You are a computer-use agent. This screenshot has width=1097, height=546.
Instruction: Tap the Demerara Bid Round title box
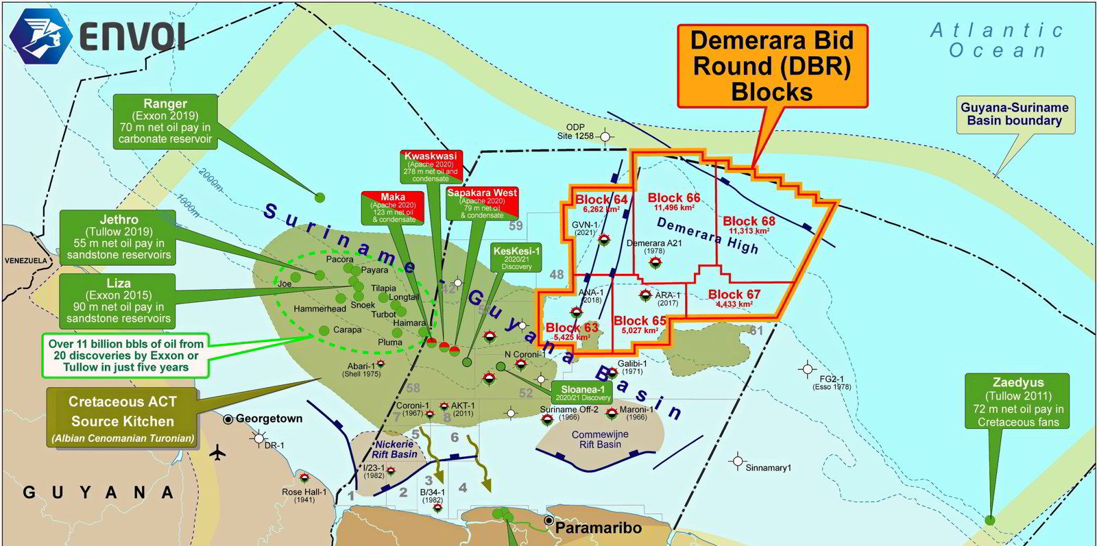pyautogui.click(x=772, y=66)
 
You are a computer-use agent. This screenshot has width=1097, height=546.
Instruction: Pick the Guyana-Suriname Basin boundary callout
pyautogui.click(x=1014, y=114)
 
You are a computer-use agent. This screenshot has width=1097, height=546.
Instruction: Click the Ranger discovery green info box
pyautogui.click(x=165, y=122)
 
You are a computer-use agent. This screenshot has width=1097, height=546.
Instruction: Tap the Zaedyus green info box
pyautogui.click(x=1017, y=401)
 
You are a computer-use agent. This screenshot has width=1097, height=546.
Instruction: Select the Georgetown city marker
pyautogui.click(x=228, y=419)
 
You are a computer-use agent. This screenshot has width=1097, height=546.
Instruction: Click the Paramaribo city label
pyautogui.click(x=598, y=528)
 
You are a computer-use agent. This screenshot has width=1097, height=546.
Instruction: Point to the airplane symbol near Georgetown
pyautogui.click(x=219, y=453)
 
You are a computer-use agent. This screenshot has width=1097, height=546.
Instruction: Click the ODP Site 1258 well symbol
pyautogui.click(x=605, y=137)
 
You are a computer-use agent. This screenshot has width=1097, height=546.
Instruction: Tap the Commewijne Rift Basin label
pyautogui.click(x=600, y=439)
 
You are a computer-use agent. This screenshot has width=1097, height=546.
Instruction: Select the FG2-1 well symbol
pyautogui.click(x=807, y=369)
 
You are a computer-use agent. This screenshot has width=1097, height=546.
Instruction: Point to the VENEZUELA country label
pyautogui.click(x=25, y=261)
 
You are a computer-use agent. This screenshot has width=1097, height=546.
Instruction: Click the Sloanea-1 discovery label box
pyautogui.click(x=582, y=393)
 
